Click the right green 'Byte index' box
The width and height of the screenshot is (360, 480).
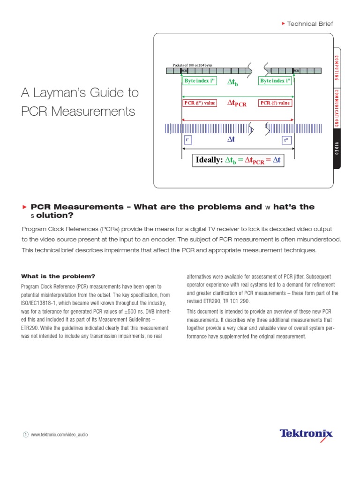[276, 81]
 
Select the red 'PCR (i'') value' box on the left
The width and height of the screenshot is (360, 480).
[199, 103]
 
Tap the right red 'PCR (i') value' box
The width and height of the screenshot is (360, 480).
[275, 103]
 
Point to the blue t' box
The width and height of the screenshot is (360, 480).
[187, 140]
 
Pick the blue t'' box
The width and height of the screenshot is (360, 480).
[287, 140]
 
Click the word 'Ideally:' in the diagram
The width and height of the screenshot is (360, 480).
[209, 160]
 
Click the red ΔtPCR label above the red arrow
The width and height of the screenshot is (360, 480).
[237, 103]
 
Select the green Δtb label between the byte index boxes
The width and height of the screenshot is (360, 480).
[232, 82]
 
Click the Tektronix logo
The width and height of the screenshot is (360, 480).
[306, 434]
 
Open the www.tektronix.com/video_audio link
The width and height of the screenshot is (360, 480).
[60, 435]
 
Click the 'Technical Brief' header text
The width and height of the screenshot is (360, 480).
[309, 23]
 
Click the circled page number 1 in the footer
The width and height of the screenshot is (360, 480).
[25, 435]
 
